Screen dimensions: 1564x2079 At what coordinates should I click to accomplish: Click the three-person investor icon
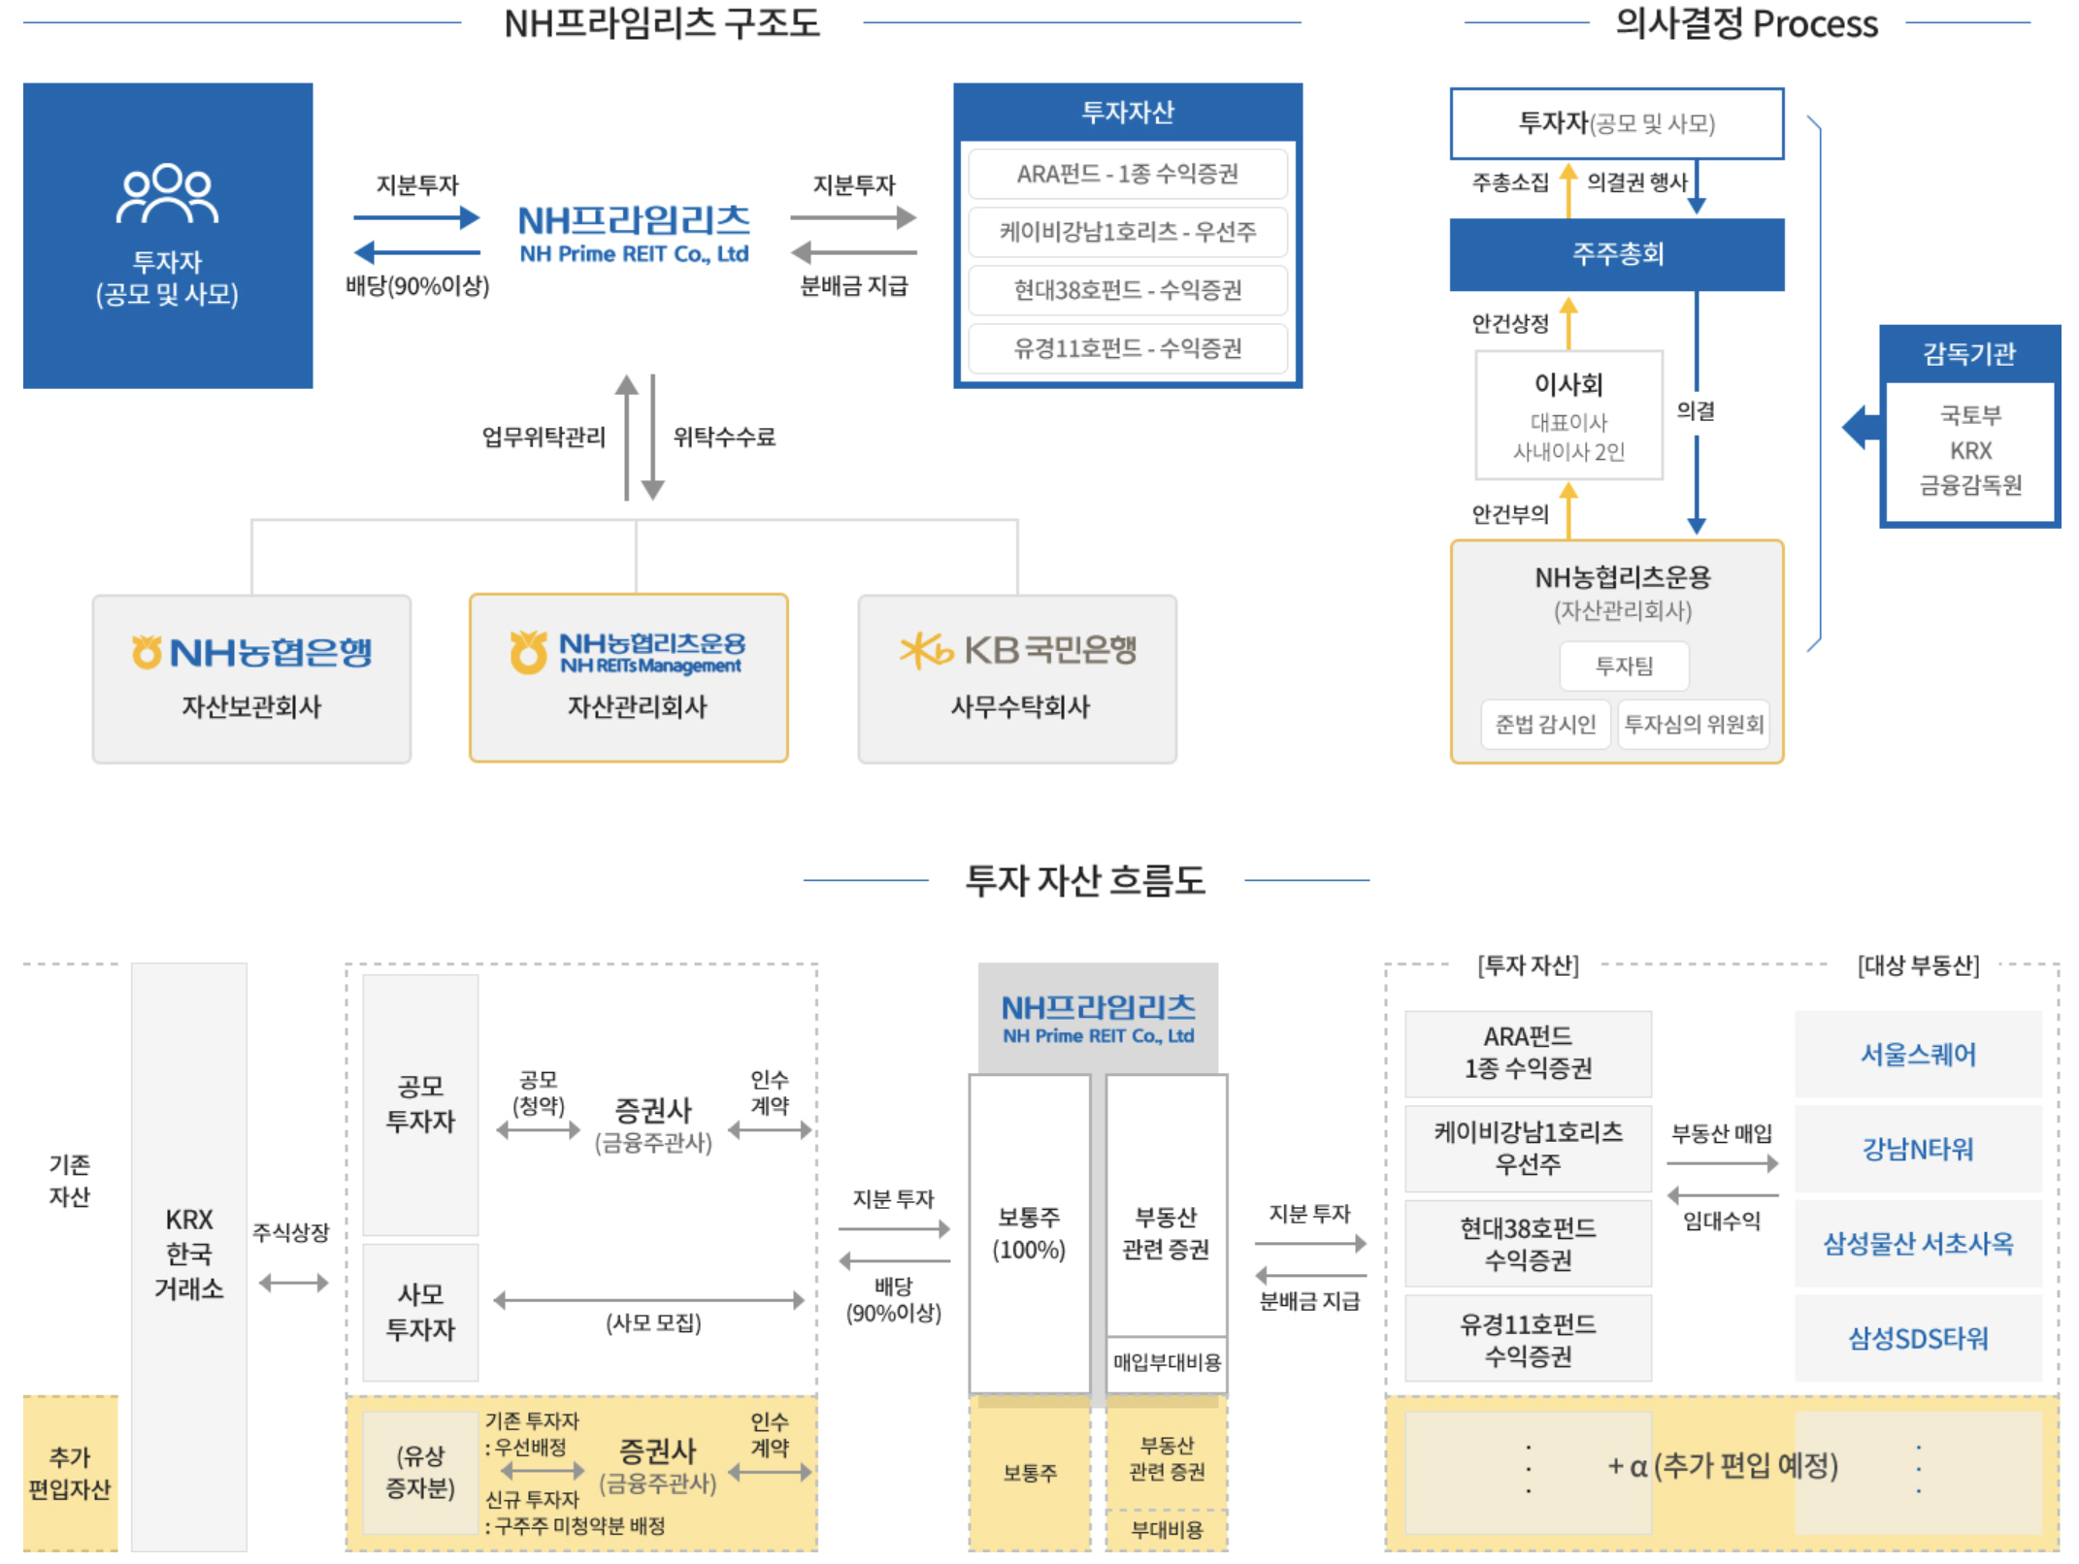point(167,194)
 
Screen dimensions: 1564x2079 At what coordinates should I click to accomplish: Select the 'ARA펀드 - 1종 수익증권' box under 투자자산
point(1127,174)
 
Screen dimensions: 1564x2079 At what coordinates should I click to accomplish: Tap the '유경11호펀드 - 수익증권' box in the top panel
point(1127,348)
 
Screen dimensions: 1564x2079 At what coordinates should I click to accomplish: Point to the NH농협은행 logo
point(251,652)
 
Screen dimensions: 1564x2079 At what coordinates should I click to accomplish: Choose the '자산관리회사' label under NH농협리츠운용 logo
point(637,706)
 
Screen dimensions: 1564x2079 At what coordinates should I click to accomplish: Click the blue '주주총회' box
point(1617,254)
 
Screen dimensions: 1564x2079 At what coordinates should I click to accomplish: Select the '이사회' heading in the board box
point(1568,384)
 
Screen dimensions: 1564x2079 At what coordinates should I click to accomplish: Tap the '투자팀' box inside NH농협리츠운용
point(1624,666)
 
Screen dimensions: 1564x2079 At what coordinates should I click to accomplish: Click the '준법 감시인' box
point(1545,724)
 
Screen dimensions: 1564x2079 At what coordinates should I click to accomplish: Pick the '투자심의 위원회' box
point(1694,724)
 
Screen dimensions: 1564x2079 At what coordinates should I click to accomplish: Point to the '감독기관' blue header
point(1969,353)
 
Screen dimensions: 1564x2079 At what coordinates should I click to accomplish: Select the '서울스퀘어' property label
point(1918,1054)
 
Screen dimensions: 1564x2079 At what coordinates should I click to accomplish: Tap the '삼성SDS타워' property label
point(1918,1338)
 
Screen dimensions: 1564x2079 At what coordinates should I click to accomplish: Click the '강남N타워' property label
point(1918,1149)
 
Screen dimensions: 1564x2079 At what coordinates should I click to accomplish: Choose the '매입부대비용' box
point(1167,1362)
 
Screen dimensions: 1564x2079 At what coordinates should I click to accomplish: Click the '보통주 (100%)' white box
point(1029,1233)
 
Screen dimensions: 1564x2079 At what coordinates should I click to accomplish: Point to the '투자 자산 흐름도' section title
point(1085,880)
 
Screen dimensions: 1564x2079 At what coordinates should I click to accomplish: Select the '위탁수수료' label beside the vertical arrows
point(724,438)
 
